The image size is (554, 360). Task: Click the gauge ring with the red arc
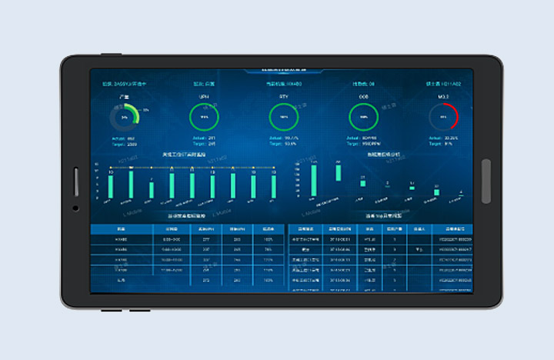[444, 117]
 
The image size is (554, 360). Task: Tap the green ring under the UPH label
[204, 117]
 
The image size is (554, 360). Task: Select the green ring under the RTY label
[284, 117]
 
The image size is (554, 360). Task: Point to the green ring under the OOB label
[364, 117]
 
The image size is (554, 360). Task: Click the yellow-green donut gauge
[124, 117]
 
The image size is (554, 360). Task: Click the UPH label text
[204, 97]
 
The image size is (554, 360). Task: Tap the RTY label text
[284, 97]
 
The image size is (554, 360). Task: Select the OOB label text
[364, 97]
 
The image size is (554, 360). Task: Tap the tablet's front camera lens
[75, 208]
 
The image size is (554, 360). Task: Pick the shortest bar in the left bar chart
[152, 189]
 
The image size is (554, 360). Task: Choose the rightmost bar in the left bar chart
[273, 185]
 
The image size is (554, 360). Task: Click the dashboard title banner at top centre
[284, 70]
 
